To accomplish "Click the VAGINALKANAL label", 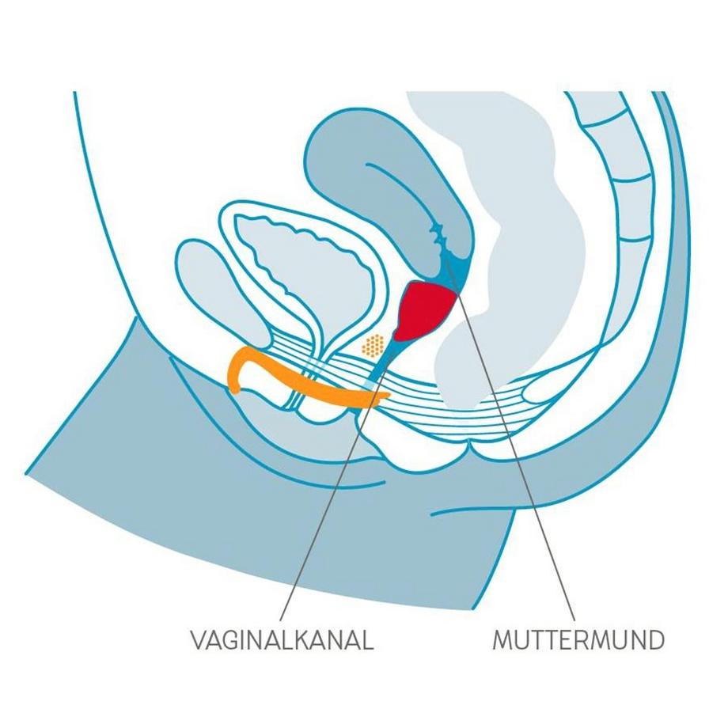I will point(281,639).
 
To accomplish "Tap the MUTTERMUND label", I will point(578,639).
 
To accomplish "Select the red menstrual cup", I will point(428,309).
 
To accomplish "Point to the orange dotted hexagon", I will point(373,345).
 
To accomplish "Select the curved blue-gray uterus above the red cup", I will point(348,166).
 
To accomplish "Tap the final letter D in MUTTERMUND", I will point(655,639).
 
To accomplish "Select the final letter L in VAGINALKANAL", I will point(367,639).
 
